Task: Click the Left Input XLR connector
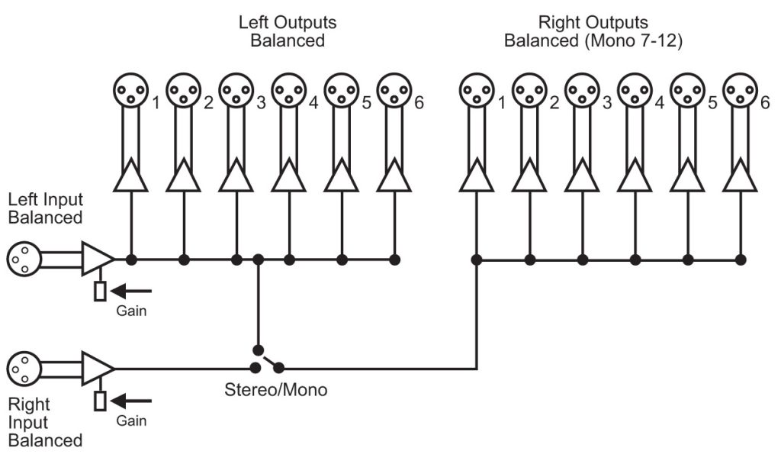(x=22, y=259)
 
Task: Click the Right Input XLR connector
(x=22, y=369)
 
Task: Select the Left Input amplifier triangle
(x=96, y=259)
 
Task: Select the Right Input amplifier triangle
(x=96, y=369)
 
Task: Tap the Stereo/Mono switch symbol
(x=268, y=359)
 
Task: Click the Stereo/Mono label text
(x=275, y=390)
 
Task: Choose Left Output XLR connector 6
(x=394, y=91)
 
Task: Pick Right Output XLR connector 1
(x=476, y=91)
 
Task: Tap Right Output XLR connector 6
(x=739, y=91)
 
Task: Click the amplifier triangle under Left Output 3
(x=236, y=176)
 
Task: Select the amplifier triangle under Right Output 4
(x=634, y=176)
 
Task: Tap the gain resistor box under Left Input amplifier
(x=100, y=291)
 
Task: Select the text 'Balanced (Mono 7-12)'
(x=593, y=40)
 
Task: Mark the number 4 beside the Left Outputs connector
(x=313, y=103)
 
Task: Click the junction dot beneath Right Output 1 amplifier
(x=476, y=259)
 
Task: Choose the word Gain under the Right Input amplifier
(x=131, y=420)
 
